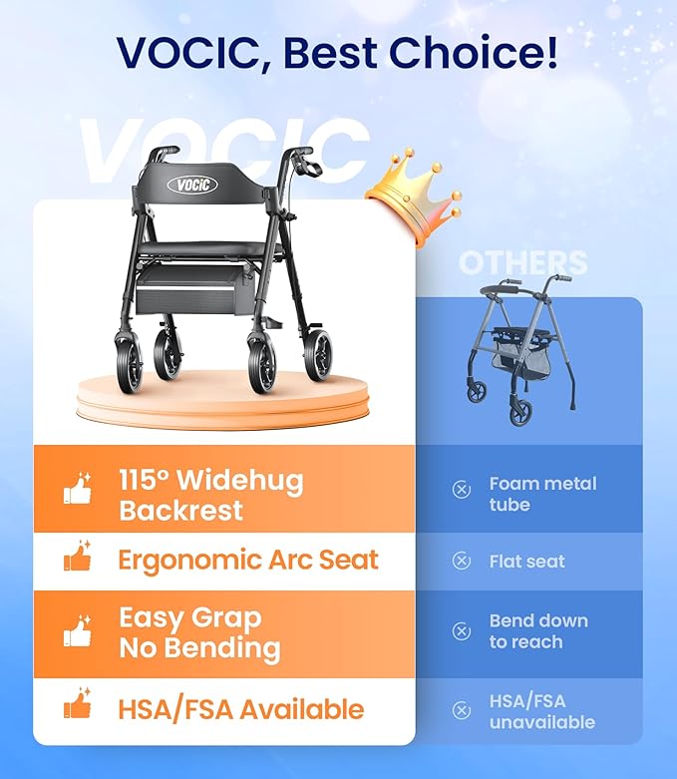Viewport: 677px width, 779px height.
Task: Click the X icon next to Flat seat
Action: [462, 562]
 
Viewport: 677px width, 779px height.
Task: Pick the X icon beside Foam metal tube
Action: [462, 490]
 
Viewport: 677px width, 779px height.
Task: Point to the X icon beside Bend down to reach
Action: [462, 631]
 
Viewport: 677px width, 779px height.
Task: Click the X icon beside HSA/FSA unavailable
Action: [462, 710]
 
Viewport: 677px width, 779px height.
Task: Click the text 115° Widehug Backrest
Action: [210, 496]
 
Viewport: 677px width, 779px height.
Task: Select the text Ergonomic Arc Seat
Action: [248, 560]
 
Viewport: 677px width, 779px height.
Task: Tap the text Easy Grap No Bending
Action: [199, 633]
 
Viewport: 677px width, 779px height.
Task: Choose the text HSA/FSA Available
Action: [240, 709]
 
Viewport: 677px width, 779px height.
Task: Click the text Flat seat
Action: [526, 562]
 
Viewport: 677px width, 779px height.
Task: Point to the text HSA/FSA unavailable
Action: [541, 711]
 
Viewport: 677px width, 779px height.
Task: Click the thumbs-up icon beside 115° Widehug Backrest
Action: [78, 489]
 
